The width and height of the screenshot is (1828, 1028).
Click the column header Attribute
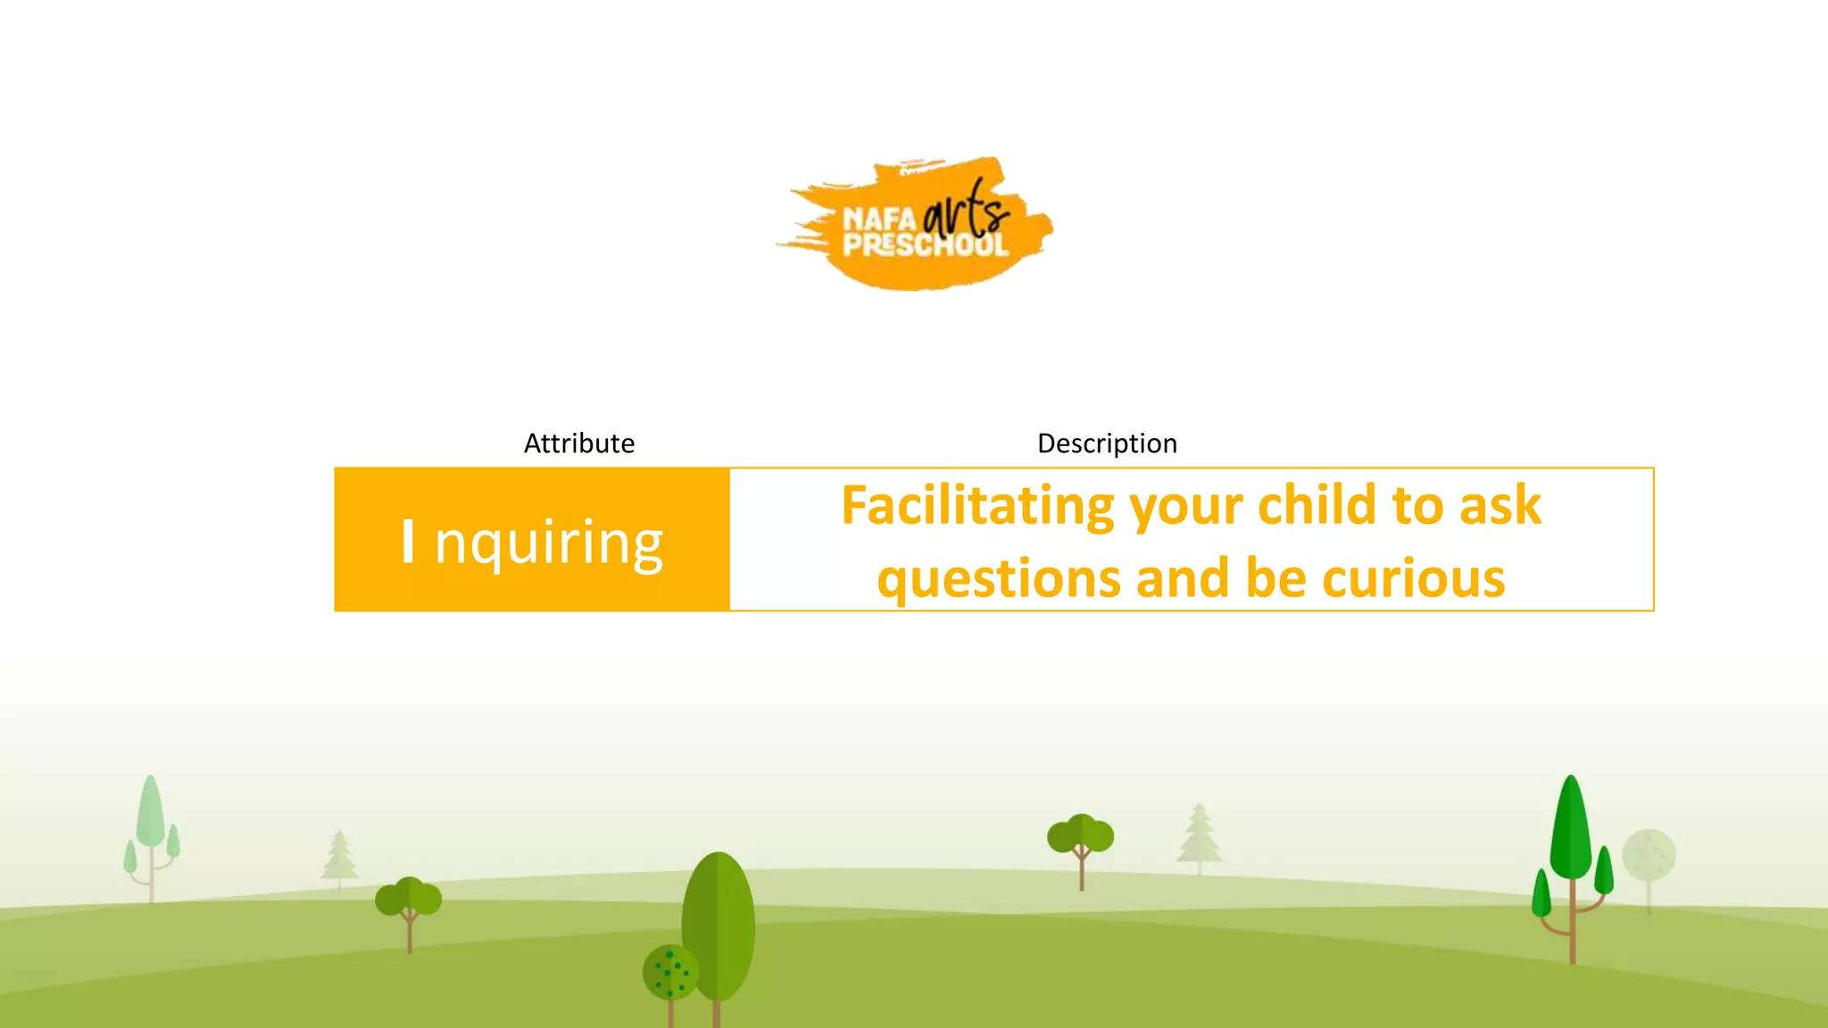(578, 444)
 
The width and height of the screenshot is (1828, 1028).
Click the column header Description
(1107, 444)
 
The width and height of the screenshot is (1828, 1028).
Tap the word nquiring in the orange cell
(548, 543)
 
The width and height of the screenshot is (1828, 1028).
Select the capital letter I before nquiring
(408, 541)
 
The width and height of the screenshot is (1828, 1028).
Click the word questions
(999, 580)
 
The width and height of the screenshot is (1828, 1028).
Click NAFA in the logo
(879, 219)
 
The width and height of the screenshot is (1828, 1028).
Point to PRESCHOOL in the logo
(926, 245)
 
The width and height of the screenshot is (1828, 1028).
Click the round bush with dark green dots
(670, 972)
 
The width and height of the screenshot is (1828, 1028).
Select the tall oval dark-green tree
(719, 924)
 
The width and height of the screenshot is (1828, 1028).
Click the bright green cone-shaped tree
(1571, 830)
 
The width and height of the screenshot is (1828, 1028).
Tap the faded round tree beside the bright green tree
(1649, 855)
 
